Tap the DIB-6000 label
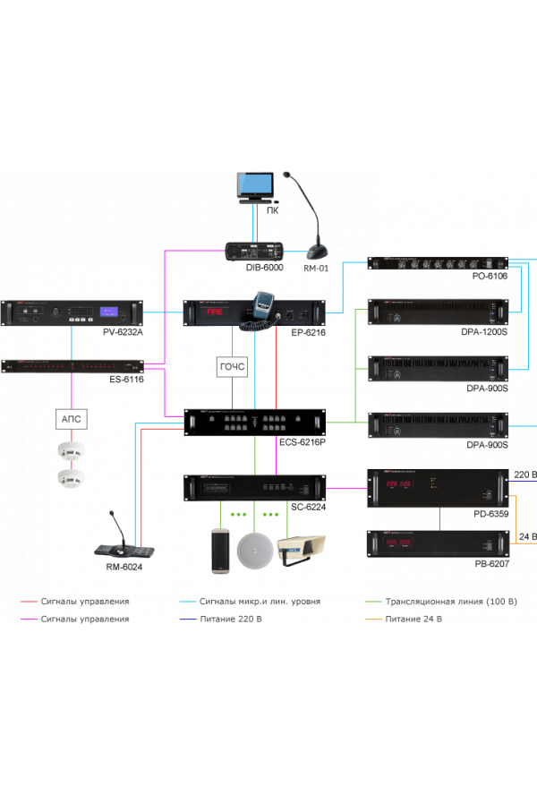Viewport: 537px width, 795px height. (x=265, y=267)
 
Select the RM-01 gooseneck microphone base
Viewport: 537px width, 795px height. (x=318, y=249)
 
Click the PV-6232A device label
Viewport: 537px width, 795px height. (x=123, y=332)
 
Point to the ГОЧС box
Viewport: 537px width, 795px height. (x=232, y=366)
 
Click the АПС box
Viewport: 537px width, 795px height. (x=72, y=418)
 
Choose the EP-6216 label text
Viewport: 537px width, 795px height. (x=308, y=332)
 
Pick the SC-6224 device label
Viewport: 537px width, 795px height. (x=308, y=507)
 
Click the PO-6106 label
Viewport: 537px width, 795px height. (x=490, y=277)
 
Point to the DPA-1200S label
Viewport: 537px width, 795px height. (x=484, y=332)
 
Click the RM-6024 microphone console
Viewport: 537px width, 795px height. (x=125, y=542)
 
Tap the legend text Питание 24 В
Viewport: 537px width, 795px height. (x=413, y=619)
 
